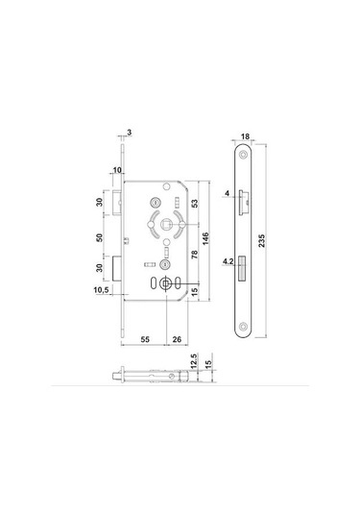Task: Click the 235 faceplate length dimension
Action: click(262, 240)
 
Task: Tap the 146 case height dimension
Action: click(205, 239)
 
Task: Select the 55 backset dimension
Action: click(145, 339)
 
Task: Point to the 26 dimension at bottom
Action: click(177, 339)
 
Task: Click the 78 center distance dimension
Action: click(195, 255)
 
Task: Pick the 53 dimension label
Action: click(195, 204)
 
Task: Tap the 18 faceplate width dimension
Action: click(245, 136)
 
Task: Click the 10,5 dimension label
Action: click(101, 290)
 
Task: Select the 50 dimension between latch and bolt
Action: click(99, 237)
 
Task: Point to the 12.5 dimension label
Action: click(194, 361)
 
